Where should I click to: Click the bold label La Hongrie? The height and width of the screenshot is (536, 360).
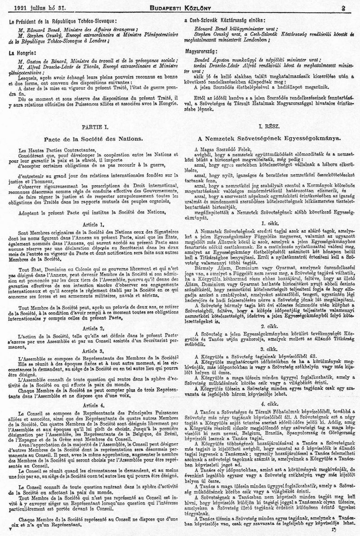pos(22,53)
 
